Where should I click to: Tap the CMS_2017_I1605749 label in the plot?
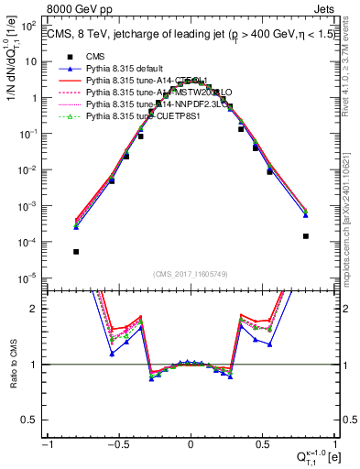point(190,273)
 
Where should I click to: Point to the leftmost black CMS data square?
point(76,252)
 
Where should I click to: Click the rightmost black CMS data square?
point(305,235)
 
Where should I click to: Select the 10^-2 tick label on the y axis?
point(32,169)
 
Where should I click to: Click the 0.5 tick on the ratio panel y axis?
point(33,420)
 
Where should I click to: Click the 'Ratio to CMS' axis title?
point(11,365)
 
